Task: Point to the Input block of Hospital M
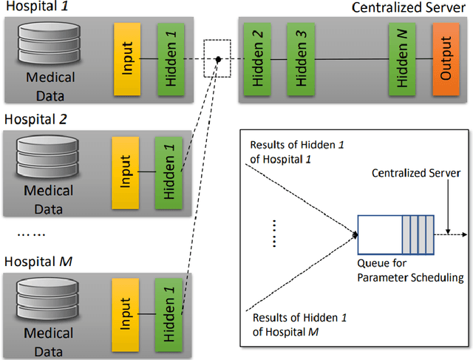[125, 310]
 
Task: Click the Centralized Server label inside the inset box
[417, 173]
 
